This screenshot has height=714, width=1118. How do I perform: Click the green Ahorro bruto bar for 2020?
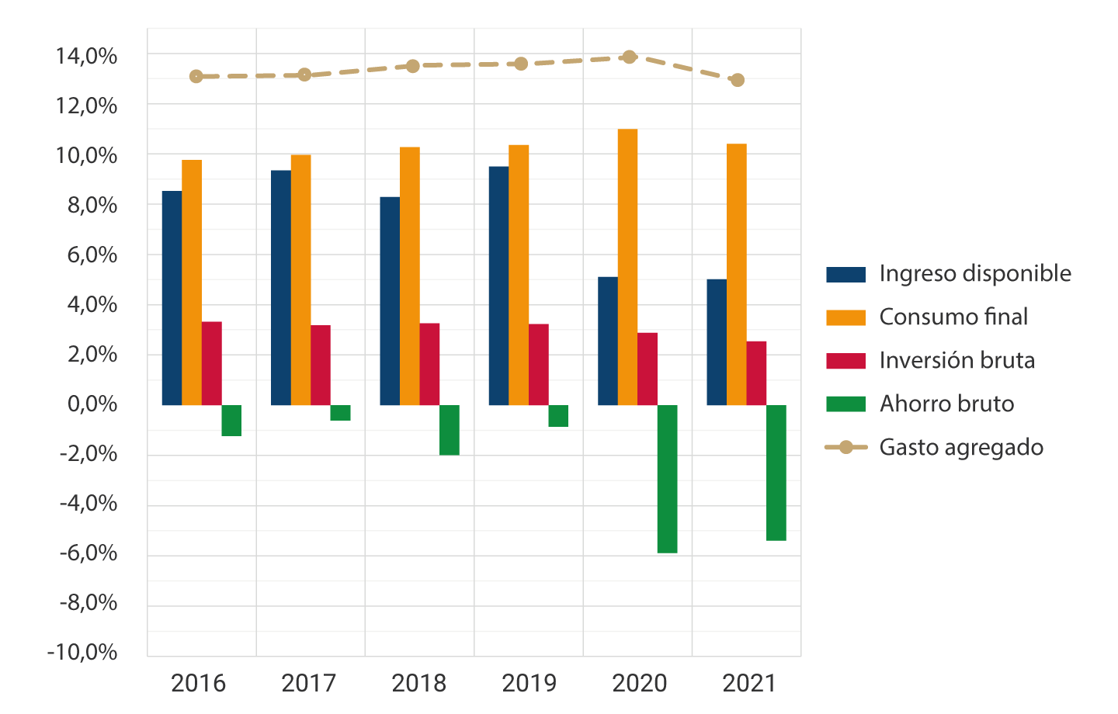pyautogui.click(x=667, y=479)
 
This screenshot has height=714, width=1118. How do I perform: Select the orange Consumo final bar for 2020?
pyautogui.click(x=627, y=267)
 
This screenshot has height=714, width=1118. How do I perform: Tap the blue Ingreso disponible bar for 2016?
pyautogui.click(x=172, y=298)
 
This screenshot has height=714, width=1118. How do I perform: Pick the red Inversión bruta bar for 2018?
pyautogui.click(x=429, y=364)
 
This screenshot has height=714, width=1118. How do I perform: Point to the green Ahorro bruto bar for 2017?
pyautogui.click(x=340, y=413)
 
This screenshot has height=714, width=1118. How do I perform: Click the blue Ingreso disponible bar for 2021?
pyautogui.click(x=717, y=342)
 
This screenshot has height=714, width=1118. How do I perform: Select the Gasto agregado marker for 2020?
pyautogui.click(x=630, y=57)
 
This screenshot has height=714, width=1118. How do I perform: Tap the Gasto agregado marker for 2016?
pyautogui.click(x=196, y=76)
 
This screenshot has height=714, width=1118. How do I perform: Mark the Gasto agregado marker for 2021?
pyautogui.click(x=738, y=80)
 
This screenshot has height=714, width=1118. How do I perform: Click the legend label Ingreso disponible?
pyautogui.click(x=974, y=274)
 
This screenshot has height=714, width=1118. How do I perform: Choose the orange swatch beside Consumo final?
pyautogui.click(x=845, y=317)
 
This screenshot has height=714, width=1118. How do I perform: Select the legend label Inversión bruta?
pyautogui.click(x=957, y=361)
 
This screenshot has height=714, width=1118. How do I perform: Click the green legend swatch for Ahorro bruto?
pyautogui.click(x=845, y=404)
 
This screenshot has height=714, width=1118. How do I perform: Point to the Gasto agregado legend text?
pyautogui.click(x=960, y=448)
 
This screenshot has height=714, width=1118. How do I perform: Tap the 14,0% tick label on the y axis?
pyautogui.click(x=86, y=57)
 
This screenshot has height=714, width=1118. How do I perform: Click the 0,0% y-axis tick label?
pyautogui.click(x=92, y=404)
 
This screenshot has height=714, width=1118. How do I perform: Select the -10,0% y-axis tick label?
pyautogui.click(x=82, y=652)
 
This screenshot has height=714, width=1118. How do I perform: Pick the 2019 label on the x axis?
pyautogui.click(x=529, y=684)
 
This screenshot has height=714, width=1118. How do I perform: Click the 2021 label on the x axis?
pyautogui.click(x=749, y=684)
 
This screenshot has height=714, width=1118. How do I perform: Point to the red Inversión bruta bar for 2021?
pyautogui.click(x=756, y=373)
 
